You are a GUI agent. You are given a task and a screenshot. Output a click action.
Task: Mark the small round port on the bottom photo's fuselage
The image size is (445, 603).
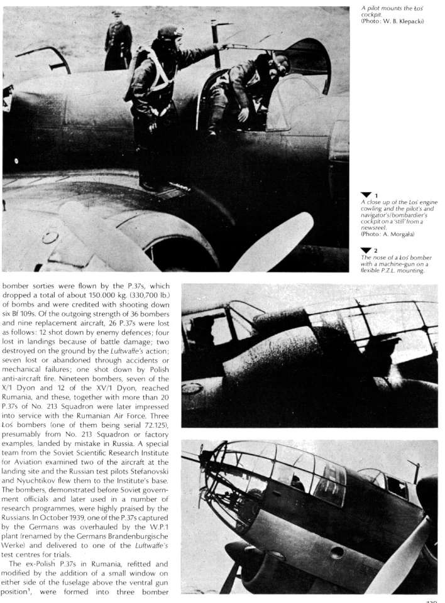coord(337,552)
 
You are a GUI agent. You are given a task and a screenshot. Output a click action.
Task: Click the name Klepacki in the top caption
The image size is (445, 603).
coord(410,21)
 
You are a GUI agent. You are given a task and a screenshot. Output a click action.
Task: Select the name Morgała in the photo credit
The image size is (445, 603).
coord(405,234)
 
